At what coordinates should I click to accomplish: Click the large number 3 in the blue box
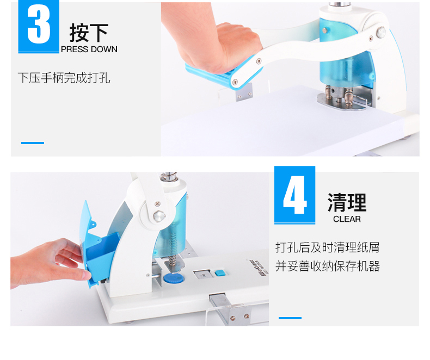(39, 24)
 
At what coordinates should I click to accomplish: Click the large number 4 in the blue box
(295, 195)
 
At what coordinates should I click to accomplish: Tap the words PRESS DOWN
(89, 49)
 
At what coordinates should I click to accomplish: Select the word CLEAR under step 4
(347, 219)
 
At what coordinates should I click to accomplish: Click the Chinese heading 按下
(89, 33)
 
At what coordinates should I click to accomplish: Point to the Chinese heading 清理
(347, 202)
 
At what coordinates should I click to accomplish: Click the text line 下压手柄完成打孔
(64, 78)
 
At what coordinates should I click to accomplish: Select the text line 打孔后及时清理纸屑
(328, 247)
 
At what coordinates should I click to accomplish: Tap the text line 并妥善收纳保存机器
(328, 266)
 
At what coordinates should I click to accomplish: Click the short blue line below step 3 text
(33, 142)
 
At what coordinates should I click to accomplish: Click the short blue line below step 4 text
(290, 318)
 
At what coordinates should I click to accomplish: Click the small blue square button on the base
(220, 273)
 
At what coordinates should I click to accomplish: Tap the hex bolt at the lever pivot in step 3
(381, 33)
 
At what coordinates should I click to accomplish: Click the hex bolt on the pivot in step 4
(159, 216)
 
